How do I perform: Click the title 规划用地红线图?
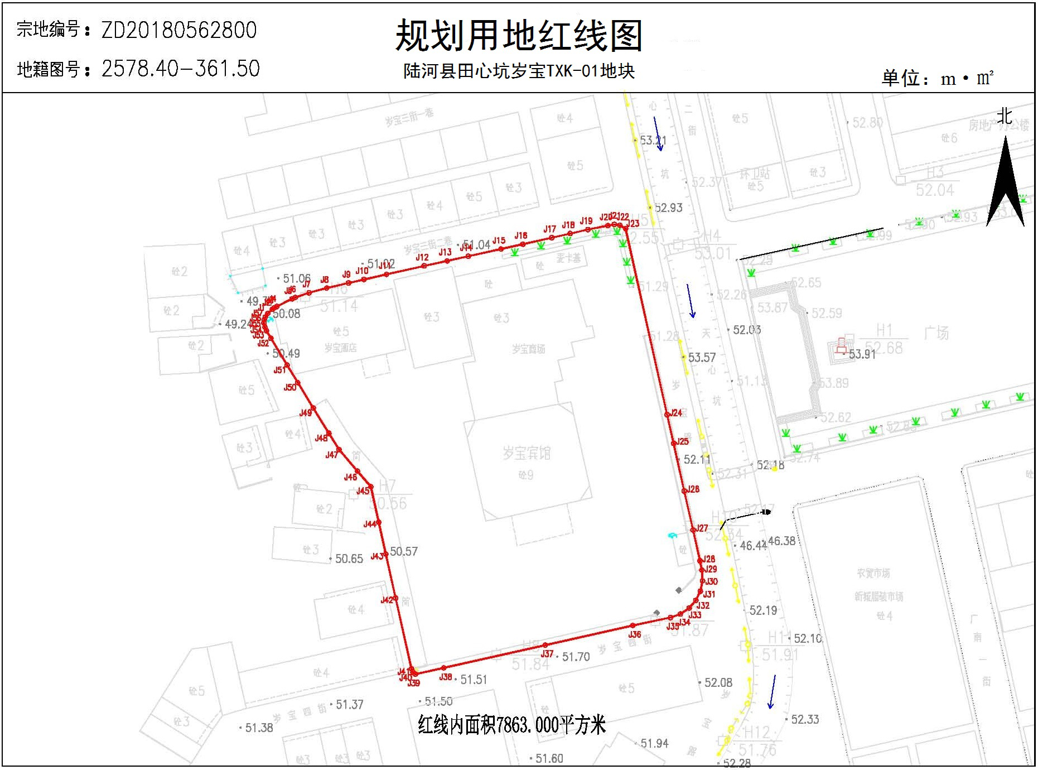[x=519, y=35]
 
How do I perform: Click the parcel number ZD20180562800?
[x=178, y=30]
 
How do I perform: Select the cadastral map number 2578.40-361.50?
[x=181, y=69]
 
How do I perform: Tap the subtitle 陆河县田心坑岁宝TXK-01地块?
[x=519, y=71]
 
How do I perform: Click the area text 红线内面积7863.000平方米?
[x=511, y=725]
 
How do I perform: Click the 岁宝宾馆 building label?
[x=526, y=453]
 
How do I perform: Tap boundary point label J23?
[x=633, y=224]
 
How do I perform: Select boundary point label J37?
[x=547, y=653]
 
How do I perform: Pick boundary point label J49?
[x=306, y=413]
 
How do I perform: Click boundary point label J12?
[x=422, y=257]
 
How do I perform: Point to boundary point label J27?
[x=702, y=528]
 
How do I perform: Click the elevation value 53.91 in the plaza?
[x=862, y=354]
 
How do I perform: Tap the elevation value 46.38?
[x=781, y=541]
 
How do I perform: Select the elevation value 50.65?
[x=349, y=559]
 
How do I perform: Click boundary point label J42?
[x=387, y=600]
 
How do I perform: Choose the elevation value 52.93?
[x=668, y=208]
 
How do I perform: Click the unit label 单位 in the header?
[x=900, y=78]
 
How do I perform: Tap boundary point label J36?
[x=635, y=634]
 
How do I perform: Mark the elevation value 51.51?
[x=474, y=680]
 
